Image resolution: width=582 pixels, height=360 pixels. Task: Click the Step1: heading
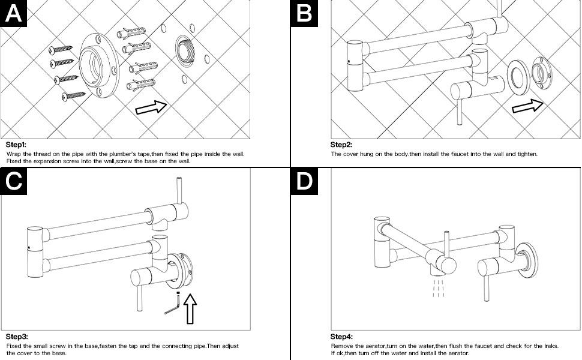click(x=16, y=145)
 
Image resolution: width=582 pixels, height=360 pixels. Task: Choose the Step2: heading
click(x=341, y=145)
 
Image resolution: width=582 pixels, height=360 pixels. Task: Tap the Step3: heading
click(x=17, y=337)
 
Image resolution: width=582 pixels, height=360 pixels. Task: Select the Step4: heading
click(x=341, y=337)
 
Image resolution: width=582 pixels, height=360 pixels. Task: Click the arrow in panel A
click(x=151, y=108)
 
